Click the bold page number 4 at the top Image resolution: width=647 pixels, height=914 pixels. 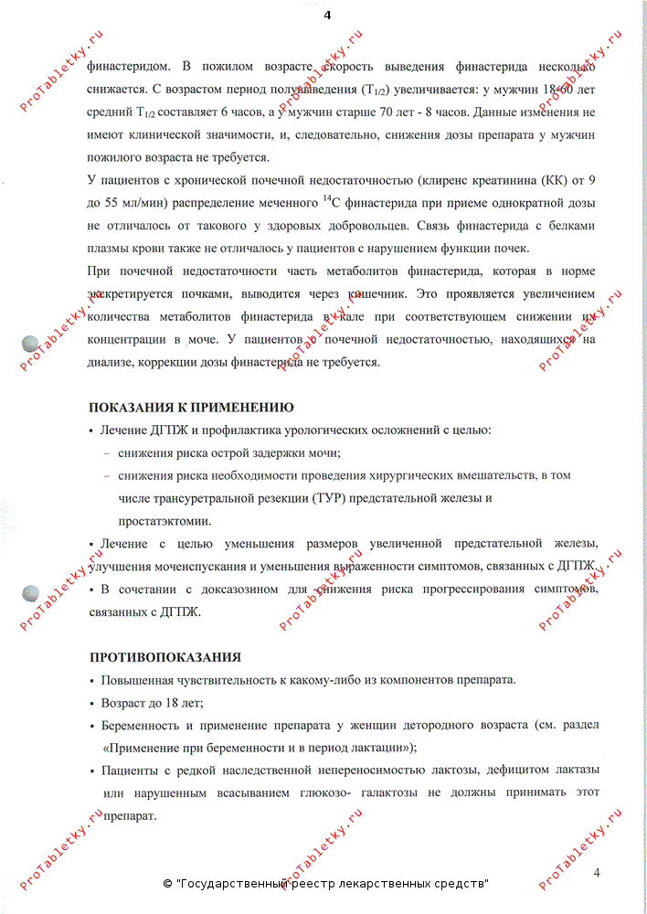point(326,15)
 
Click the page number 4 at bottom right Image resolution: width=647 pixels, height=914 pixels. point(596,872)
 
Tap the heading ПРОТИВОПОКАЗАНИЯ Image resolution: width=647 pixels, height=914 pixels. point(165,657)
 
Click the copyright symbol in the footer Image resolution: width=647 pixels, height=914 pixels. point(167,884)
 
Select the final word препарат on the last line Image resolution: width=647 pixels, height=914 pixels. point(130,814)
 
